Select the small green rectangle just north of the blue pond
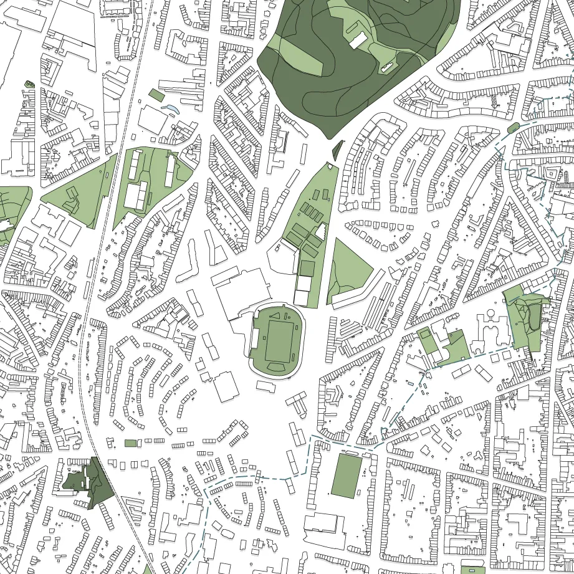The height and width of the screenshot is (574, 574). [x=156, y=95]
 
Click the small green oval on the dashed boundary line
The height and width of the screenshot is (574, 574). [x=513, y=128]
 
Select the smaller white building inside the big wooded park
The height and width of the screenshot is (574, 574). [x=386, y=67]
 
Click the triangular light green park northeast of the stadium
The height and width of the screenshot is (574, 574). [x=349, y=268]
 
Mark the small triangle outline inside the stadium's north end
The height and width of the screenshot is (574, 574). [x=274, y=316]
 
